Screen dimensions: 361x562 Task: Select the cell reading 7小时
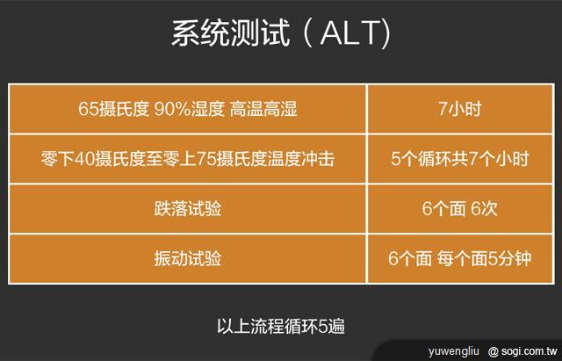click(x=460, y=111)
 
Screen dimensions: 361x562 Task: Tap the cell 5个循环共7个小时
click(x=460, y=160)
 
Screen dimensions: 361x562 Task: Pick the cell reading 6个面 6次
click(x=460, y=210)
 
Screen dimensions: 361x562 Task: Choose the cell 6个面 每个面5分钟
click(x=460, y=259)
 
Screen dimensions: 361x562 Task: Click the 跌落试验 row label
click(x=188, y=210)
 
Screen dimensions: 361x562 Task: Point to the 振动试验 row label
click(x=188, y=259)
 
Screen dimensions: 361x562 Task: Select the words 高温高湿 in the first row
click(x=263, y=111)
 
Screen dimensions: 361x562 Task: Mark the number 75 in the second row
click(x=220, y=160)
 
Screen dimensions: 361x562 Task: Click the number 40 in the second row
click(x=83, y=160)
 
